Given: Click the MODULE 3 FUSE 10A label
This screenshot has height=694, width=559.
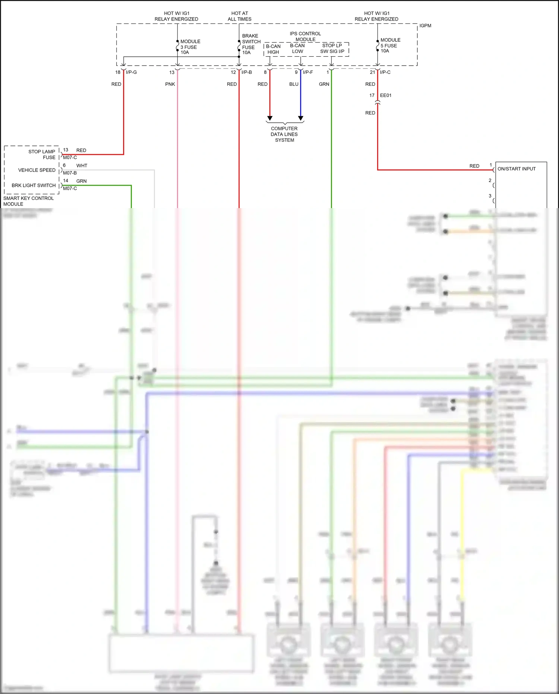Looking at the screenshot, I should [x=190, y=47].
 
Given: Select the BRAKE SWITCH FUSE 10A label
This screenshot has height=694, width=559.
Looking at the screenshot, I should [x=251, y=44].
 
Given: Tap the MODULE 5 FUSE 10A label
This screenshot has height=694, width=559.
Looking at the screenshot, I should [x=390, y=45].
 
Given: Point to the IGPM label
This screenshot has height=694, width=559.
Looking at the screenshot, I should [x=425, y=26].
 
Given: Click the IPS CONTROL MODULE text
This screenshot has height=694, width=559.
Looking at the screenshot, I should [x=305, y=37].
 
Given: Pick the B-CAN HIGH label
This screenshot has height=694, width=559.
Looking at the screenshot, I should [x=273, y=49].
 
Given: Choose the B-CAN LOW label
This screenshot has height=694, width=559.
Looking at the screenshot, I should [x=297, y=48].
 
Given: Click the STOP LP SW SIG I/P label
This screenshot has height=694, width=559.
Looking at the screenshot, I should [x=332, y=48].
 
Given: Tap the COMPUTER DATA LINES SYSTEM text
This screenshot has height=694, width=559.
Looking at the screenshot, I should [x=284, y=134].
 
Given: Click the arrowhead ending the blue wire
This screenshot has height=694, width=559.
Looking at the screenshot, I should [x=301, y=118].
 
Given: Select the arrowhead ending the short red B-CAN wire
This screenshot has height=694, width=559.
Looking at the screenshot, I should [x=270, y=118].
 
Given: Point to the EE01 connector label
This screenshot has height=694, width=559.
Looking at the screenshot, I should [x=386, y=95].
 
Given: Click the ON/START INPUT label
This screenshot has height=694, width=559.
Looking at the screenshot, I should [x=517, y=169].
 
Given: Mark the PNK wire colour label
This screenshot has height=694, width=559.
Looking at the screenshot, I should [x=170, y=84].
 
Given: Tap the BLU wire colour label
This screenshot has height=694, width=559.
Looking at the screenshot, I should [x=294, y=84].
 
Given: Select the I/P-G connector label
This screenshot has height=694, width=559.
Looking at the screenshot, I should [x=131, y=72].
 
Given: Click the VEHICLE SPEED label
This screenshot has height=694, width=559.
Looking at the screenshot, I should [x=37, y=170].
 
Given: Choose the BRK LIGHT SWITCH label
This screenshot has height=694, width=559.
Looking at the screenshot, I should [x=34, y=185].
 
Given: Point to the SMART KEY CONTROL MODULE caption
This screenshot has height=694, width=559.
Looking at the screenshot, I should [x=28, y=201].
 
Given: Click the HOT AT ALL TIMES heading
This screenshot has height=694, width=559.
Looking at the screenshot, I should [x=240, y=16].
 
